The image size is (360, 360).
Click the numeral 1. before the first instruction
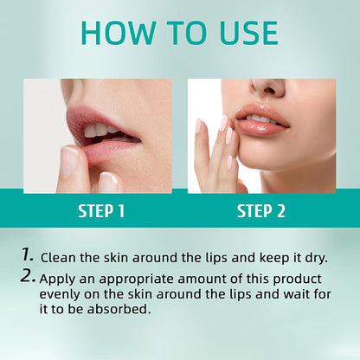pyautogui.click(x=29, y=255)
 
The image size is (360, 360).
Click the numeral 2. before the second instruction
pyautogui.click(x=29, y=277)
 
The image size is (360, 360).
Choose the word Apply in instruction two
pyautogui.click(x=61, y=278)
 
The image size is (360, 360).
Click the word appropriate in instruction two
pyautogui.click(x=143, y=279)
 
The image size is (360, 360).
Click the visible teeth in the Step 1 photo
pyautogui.click(x=101, y=131)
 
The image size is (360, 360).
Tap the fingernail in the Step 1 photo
pyautogui.click(x=69, y=161)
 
